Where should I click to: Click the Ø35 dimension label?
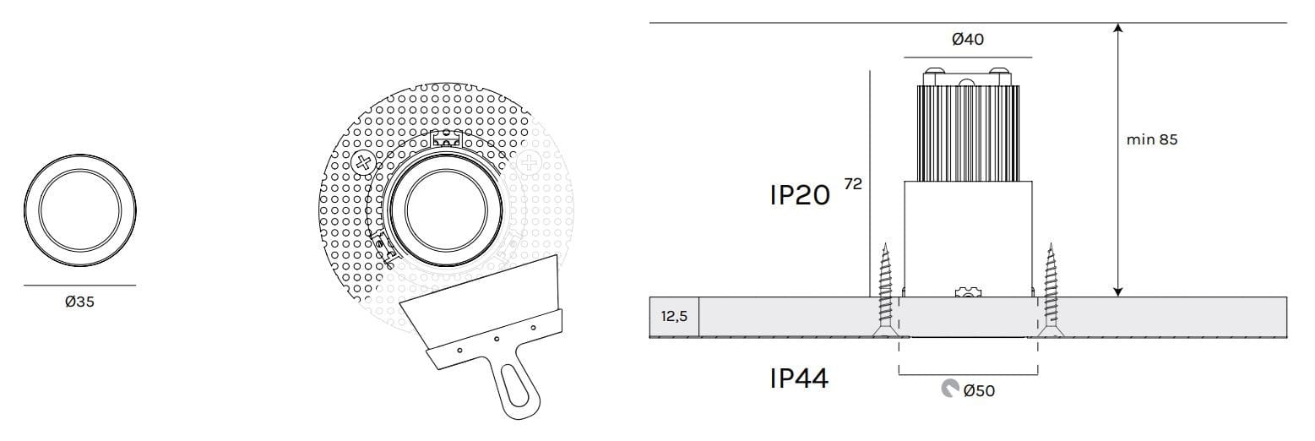click(80, 302)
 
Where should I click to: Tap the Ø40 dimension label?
click(968, 40)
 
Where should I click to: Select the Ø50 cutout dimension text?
click(979, 390)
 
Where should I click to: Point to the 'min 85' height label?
click(1152, 139)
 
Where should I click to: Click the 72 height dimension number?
click(853, 184)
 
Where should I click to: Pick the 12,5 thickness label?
click(674, 317)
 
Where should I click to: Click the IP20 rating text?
click(800, 195)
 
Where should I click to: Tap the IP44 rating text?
click(799, 378)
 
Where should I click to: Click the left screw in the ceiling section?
click(885, 290)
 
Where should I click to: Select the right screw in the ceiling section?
click(1051, 290)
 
